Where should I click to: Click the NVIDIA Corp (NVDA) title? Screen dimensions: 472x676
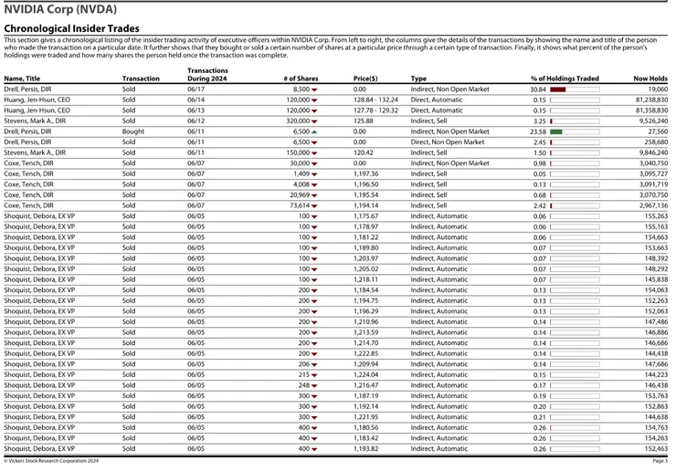click(x=60, y=9)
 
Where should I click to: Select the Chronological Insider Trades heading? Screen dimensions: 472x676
click(x=72, y=28)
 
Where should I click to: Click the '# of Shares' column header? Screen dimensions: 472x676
click(x=301, y=79)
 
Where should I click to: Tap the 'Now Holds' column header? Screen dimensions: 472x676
click(x=650, y=79)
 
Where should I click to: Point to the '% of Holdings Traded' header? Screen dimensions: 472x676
click(x=565, y=79)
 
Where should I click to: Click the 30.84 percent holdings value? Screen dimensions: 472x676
click(x=538, y=89)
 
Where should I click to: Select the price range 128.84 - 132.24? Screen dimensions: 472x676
click(x=375, y=100)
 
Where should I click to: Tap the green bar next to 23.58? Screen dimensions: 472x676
click(x=555, y=131)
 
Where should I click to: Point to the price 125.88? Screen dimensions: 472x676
click(x=364, y=121)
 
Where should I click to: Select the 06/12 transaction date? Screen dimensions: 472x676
click(x=195, y=121)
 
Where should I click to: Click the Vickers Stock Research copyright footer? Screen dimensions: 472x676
click(x=51, y=461)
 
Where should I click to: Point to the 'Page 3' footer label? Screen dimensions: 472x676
click(x=660, y=461)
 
